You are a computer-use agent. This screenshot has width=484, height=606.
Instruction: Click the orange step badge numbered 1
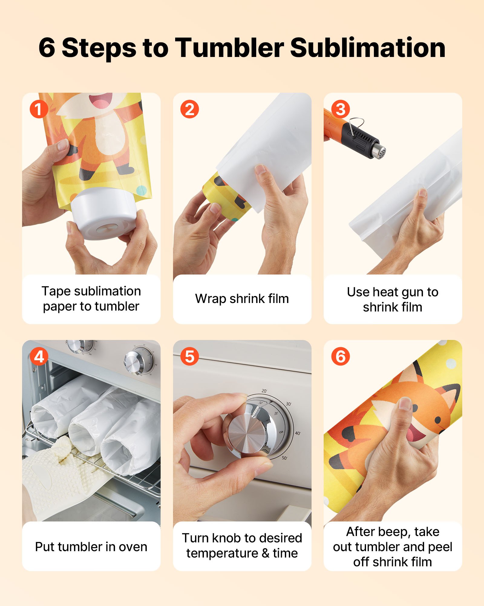coord(39,109)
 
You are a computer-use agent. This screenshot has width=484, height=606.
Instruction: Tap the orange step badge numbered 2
coord(190,109)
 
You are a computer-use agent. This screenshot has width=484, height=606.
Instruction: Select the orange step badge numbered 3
coord(340,109)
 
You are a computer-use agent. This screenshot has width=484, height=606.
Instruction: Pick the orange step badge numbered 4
coord(39,356)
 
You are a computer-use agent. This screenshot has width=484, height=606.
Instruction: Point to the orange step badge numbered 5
coord(190,356)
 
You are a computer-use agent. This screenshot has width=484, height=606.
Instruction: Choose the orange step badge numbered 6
coord(340,356)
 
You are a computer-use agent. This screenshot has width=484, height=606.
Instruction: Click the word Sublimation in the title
coord(368,48)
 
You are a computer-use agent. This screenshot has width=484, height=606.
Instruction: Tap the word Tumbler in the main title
coord(230,48)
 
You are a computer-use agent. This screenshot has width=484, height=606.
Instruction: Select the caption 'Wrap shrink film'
coord(242,299)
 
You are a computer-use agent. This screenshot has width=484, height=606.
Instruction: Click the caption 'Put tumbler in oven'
coord(91,547)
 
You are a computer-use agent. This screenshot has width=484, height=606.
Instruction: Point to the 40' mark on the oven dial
coord(298,433)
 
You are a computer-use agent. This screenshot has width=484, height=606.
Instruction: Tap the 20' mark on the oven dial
coord(264,391)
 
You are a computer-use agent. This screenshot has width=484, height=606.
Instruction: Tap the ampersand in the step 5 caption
coord(266,553)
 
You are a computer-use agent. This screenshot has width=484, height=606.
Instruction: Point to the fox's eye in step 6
coord(437,420)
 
